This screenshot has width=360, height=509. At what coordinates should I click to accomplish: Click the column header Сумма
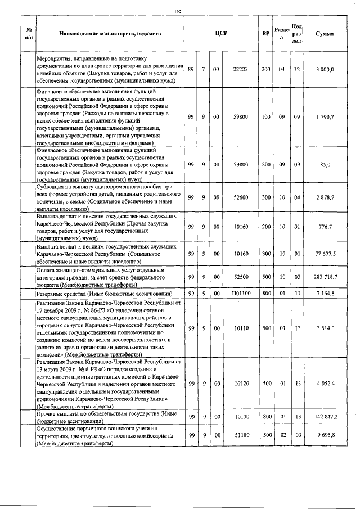[x=325, y=34]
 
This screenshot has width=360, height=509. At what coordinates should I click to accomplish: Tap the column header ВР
[x=265, y=34]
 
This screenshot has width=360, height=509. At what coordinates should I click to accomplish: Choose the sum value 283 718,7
[x=325, y=277]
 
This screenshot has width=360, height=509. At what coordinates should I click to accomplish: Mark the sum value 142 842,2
[x=325, y=417]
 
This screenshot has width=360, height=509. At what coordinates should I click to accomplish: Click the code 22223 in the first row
[x=241, y=69]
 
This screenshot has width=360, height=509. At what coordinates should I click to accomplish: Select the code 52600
[x=241, y=197]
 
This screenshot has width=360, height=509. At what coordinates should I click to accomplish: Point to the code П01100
[x=241, y=294]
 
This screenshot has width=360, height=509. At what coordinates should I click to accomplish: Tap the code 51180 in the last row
[x=241, y=435]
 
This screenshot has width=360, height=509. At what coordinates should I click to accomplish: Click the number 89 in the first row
[x=191, y=69]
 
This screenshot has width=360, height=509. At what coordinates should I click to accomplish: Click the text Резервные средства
[x=62, y=294]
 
